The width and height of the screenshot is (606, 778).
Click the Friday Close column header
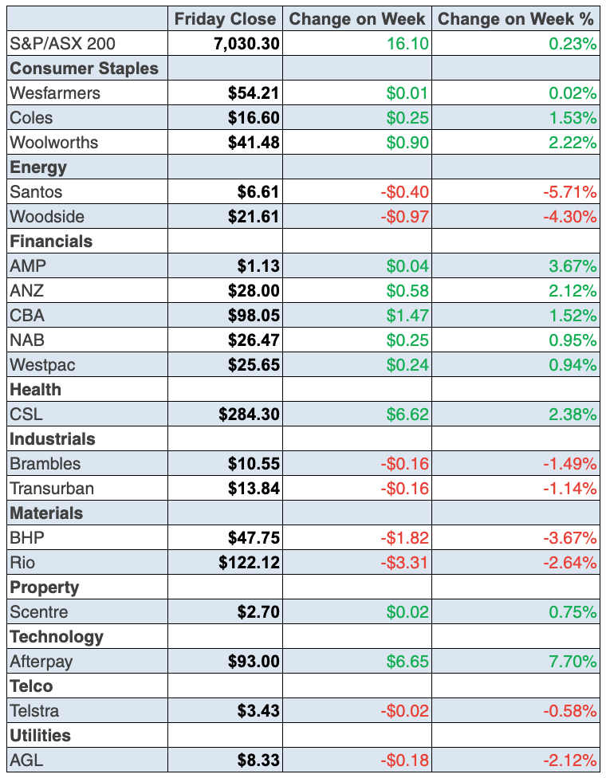[x=225, y=19]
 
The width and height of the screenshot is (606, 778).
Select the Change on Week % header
[x=517, y=19]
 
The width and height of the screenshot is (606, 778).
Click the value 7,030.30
[x=247, y=44]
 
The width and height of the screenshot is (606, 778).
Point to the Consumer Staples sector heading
[x=84, y=69]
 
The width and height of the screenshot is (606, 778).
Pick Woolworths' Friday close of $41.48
[x=254, y=143]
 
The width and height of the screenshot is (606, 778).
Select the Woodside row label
[x=47, y=217]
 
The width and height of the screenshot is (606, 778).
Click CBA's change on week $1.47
[x=407, y=316]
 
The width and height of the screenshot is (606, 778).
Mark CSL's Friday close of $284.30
[x=250, y=415]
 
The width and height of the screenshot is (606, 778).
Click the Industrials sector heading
[x=52, y=439]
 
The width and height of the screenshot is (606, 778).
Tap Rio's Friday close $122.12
[x=250, y=563]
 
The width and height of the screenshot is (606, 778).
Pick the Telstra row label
[x=34, y=711]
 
